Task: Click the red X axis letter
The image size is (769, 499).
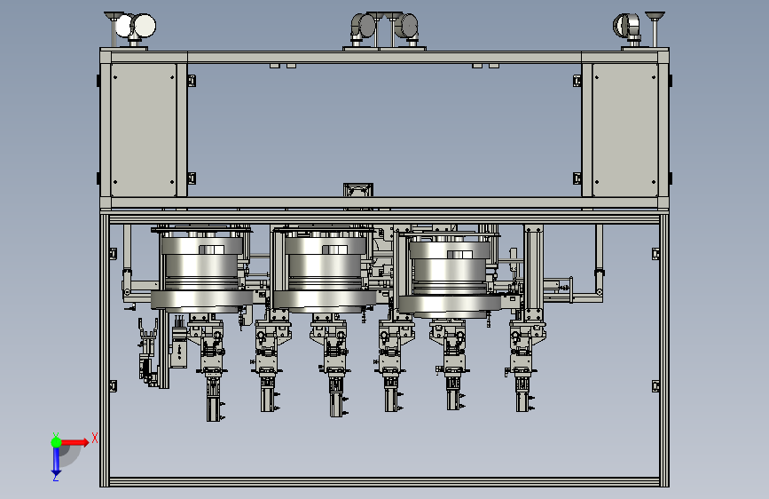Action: click(x=95, y=438)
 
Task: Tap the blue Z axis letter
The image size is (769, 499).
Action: click(x=56, y=477)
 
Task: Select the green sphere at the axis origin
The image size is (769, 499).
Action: click(x=57, y=442)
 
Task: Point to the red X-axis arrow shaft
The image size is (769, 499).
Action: click(x=72, y=442)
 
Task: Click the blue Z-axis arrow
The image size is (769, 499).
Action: click(x=56, y=460)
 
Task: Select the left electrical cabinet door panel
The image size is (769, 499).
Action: click(x=143, y=130)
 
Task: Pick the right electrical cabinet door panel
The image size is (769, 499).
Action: click(x=624, y=130)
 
